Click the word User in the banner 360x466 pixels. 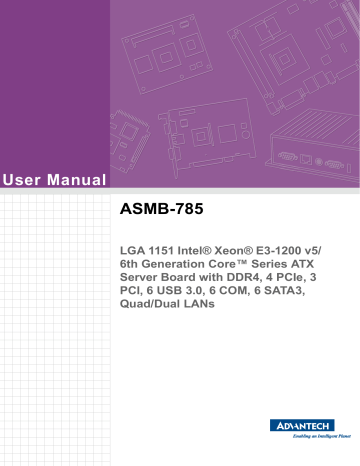(x=24, y=180)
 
